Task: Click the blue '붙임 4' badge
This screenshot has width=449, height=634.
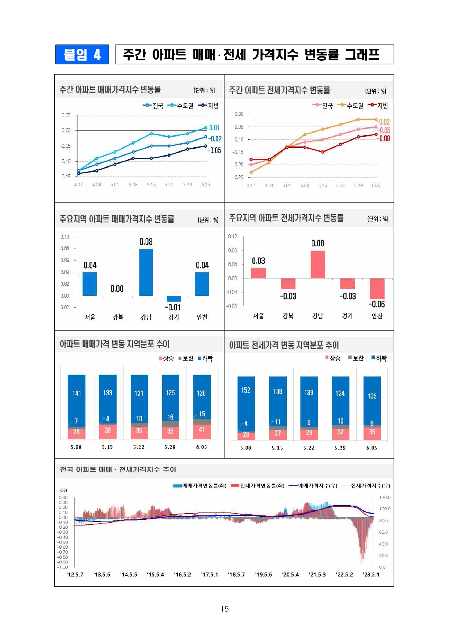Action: [82, 55]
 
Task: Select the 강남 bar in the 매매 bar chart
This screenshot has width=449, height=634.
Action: [146, 272]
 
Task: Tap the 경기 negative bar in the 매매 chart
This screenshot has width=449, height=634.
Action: [174, 299]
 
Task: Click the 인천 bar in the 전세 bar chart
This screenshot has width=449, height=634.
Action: [377, 289]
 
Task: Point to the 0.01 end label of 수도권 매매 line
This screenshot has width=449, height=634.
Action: [214, 128]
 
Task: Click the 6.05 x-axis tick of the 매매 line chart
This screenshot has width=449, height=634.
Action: [206, 184]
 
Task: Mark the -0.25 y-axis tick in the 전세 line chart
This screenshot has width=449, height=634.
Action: [238, 177]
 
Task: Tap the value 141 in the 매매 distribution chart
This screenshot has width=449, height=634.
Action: [77, 393]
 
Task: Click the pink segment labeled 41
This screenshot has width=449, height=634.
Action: [202, 430]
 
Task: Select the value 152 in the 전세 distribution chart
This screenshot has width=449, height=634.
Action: [246, 390]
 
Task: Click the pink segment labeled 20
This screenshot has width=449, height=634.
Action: [246, 435]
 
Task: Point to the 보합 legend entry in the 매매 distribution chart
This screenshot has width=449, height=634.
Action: [186, 358]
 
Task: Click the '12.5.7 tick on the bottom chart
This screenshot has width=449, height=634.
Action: [75, 574]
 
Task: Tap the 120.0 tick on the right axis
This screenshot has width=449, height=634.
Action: [385, 498]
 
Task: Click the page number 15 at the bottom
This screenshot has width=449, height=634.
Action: [224, 609]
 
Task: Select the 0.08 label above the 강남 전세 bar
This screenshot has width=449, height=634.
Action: [318, 243]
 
